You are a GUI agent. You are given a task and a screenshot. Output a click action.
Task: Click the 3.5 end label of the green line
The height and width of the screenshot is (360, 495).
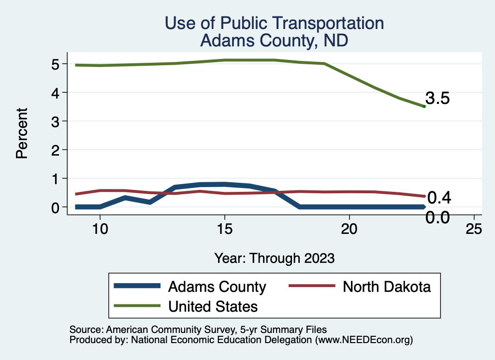click(x=437, y=99)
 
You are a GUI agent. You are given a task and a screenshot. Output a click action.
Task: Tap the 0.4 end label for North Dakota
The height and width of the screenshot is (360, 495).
click(x=439, y=198)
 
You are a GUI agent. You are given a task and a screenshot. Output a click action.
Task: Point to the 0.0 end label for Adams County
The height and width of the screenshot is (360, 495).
click(x=437, y=217)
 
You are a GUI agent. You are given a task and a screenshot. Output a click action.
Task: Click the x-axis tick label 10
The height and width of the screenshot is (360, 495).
click(x=100, y=229)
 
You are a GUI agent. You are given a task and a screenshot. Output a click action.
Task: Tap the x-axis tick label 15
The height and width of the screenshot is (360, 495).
click(x=224, y=229)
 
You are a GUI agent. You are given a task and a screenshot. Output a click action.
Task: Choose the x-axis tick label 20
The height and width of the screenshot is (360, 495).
click(x=349, y=229)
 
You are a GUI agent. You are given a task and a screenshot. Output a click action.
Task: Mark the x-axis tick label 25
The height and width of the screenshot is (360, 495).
click(x=474, y=229)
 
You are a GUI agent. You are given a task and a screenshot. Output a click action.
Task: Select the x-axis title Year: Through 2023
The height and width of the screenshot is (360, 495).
click(x=275, y=258)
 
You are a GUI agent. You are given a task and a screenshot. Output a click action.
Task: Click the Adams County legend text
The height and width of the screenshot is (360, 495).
click(x=217, y=287)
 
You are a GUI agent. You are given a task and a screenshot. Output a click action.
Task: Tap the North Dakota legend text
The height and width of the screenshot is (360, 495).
click(x=387, y=287)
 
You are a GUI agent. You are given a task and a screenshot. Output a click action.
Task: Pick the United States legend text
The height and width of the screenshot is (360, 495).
click(x=213, y=306)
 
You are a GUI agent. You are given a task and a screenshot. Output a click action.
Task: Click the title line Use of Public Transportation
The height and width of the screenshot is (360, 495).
click(x=275, y=23)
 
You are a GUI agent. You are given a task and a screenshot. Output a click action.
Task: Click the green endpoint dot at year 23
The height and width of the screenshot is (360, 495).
click(x=424, y=106)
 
